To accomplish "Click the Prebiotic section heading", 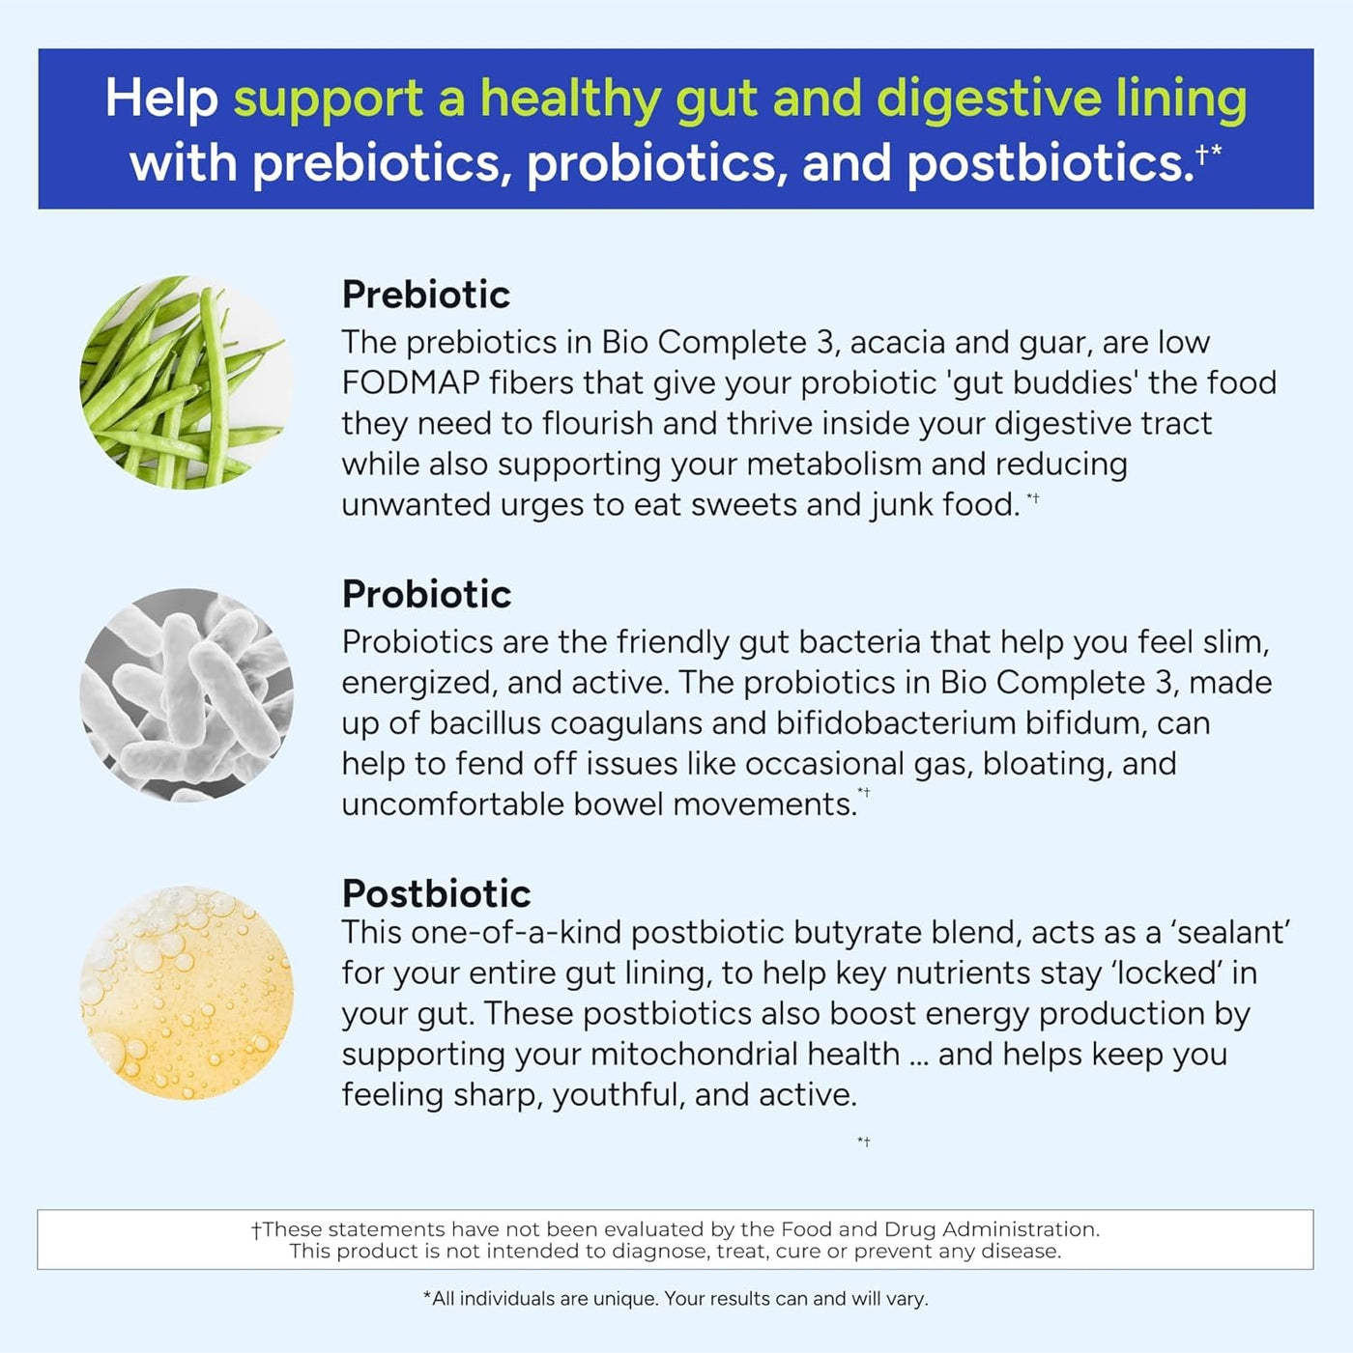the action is tap(426, 295).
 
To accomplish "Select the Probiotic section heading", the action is tap(426, 594).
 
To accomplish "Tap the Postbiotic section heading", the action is tap(437, 894).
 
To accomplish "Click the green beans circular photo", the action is tap(187, 382).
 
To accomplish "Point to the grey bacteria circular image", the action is tap(187, 695).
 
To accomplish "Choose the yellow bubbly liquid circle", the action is tap(187, 993).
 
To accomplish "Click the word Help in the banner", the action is tap(161, 99).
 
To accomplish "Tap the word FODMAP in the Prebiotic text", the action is tap(411, 383).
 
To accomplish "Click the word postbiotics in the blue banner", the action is tap(1051, 163).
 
